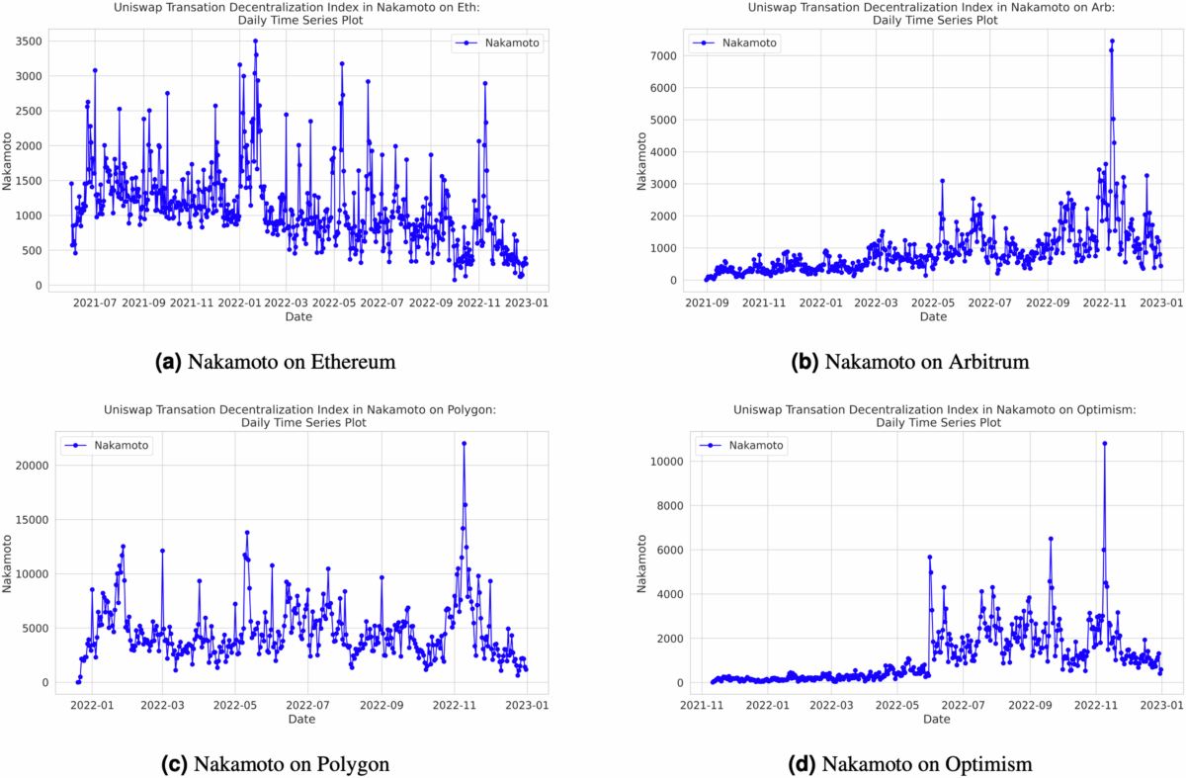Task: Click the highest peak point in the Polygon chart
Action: click(x=464, y=443)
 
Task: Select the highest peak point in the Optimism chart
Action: click(x=1104, y=443)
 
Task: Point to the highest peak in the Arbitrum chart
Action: click(x=1112, y=42)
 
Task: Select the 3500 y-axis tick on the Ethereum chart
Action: click(x=28, y=42)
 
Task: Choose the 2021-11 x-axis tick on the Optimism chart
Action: click(x=701, y=707)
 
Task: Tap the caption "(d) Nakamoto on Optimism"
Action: click(x=913, y=763)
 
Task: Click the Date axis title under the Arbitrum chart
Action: click(x=933, y=317)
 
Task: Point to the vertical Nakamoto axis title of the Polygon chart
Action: click(x=9, y=563)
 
